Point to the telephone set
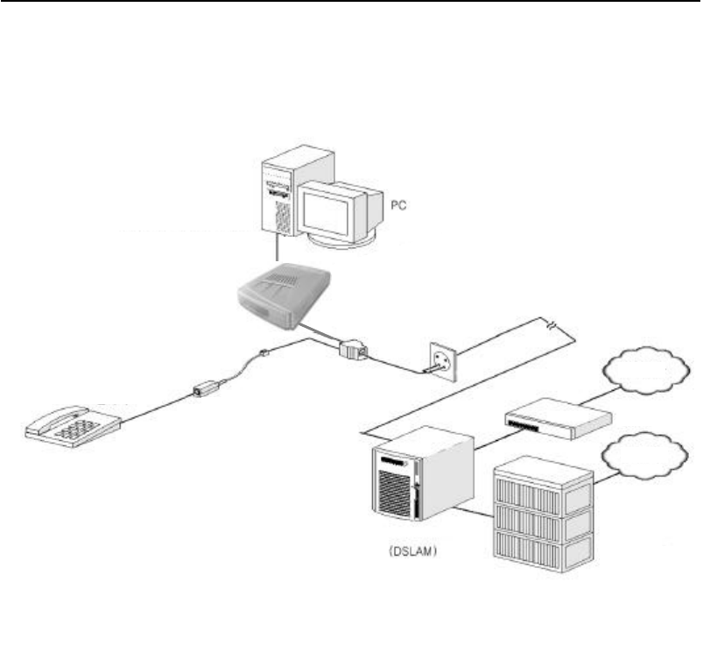73,425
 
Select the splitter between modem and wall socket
353,349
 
